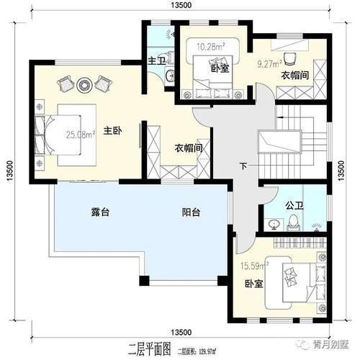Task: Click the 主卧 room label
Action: coord(111,130)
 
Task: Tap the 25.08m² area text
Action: coord(77,134)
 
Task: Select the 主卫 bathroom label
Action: coord(156,60)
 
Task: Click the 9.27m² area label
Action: coord(268,63)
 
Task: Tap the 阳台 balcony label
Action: coord(190,212)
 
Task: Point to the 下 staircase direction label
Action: coord(243,167)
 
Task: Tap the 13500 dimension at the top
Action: coord(181,6)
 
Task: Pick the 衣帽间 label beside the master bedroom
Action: coord(186,148)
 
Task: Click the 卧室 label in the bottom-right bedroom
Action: coord(252,284)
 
